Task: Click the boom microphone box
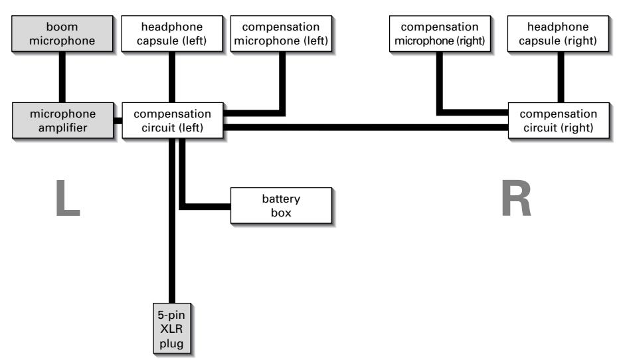tap(64, 34)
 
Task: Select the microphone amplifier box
tap(64, 120)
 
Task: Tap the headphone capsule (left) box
tap(171, 34)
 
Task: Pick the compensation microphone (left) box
tap(286, 34)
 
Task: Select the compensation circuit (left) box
tap(172, 120)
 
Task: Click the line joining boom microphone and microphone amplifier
tap(64, 76)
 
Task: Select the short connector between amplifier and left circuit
tap(118, 121)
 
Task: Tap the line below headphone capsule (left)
tap(171, 76)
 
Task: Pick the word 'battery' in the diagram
tap(281, 199)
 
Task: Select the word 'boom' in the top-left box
tap(64, 27)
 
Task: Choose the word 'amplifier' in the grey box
tap(64, 127)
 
